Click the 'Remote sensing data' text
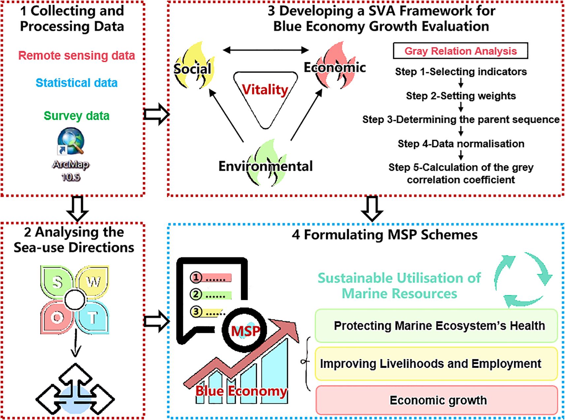point(77,55)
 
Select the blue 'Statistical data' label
point(77,83)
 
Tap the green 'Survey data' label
point(77,116)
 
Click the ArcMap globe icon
point(71,141)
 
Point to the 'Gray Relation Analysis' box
point(460,51)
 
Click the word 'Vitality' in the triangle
point(265,89)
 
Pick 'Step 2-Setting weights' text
point(461,96)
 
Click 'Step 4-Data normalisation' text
point(461,144)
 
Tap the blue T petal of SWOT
point(93,318)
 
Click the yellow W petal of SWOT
point(93,282)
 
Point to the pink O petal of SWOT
point(57,318)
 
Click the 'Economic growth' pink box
point(437,400)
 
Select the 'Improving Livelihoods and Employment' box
point(436,364)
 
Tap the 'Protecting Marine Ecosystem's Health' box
point(436,326)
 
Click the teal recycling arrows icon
point(523,279)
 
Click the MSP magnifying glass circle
point(244,330)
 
